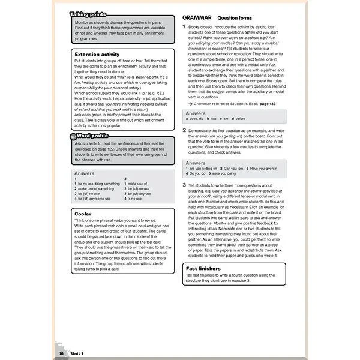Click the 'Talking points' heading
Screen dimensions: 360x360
click(88, 14)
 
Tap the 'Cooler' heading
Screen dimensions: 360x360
click(83, 213)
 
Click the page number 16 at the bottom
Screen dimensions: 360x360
click(61, 354)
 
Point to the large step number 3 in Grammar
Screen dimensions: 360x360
click(184, 185)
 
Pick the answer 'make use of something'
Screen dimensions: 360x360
click(95, 188)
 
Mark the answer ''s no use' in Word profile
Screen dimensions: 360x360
click(134, 199)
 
